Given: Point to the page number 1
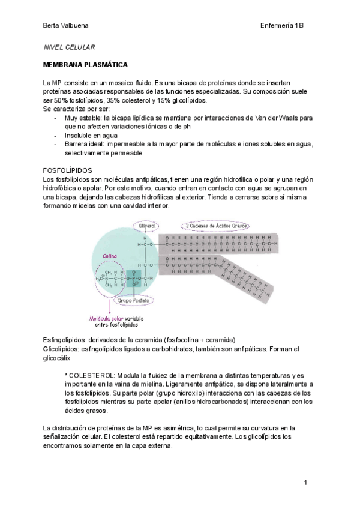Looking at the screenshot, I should (x=305, y=483).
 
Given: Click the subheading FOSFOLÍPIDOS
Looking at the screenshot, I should (x=67, y=171).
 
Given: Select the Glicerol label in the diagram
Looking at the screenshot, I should (x=147, y=226).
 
